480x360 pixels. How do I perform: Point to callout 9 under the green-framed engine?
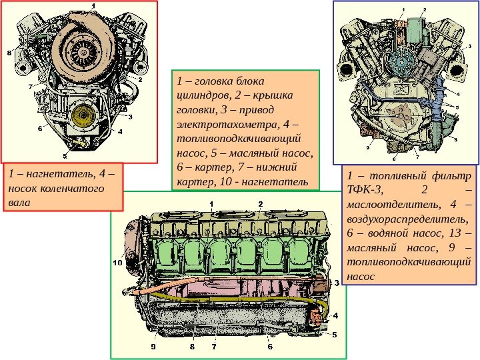[x=153, y=347]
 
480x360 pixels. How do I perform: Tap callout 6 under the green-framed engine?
[x=270, y=347]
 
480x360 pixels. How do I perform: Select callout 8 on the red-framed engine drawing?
[x=9, y=51]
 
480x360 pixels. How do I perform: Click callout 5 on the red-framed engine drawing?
[x=65, y=157]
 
